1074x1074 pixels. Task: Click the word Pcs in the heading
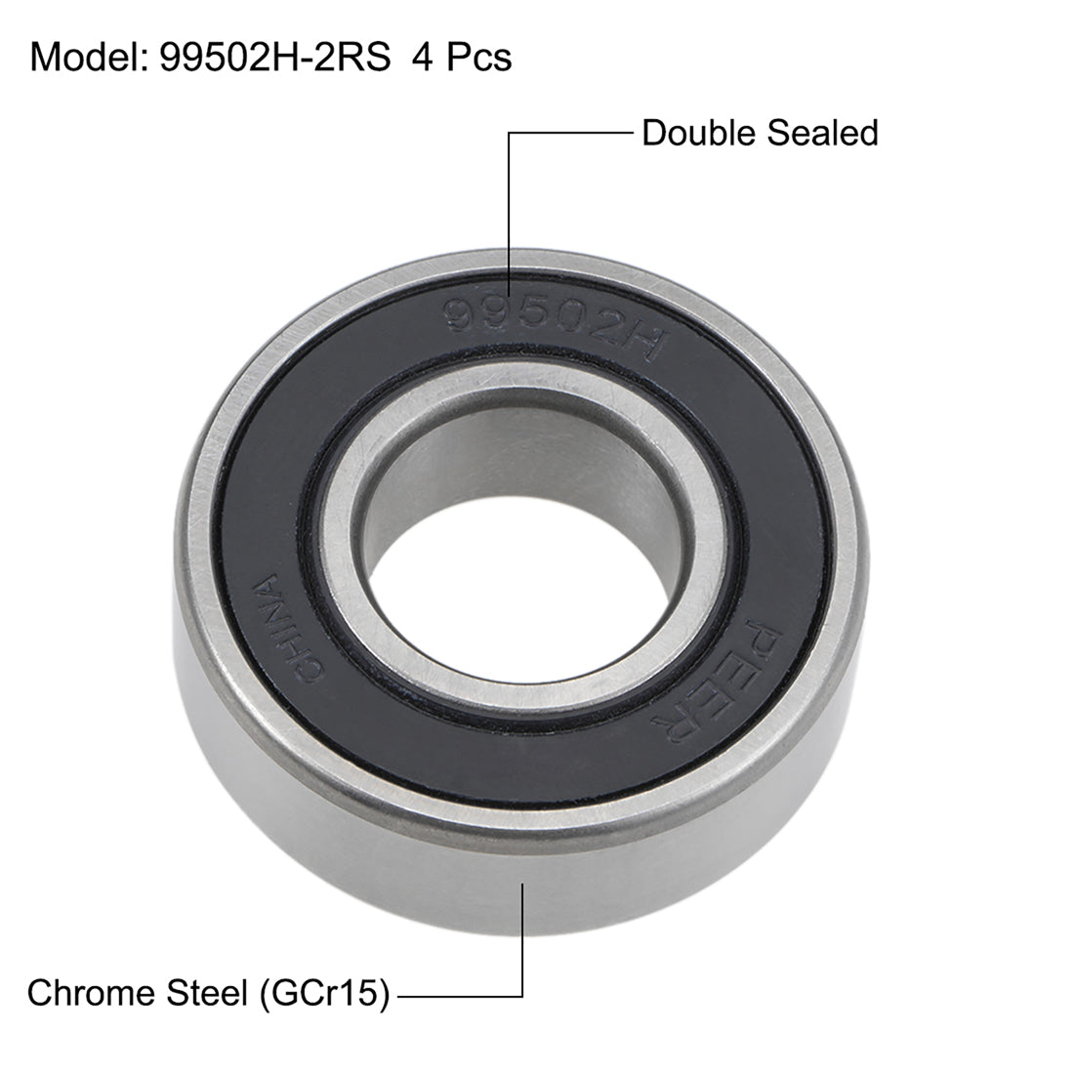pos(477,59)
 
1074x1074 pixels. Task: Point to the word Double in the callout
pos(699,133)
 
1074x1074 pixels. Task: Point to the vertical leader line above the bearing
pos(510,195)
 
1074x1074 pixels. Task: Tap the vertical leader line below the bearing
pos(524,937)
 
